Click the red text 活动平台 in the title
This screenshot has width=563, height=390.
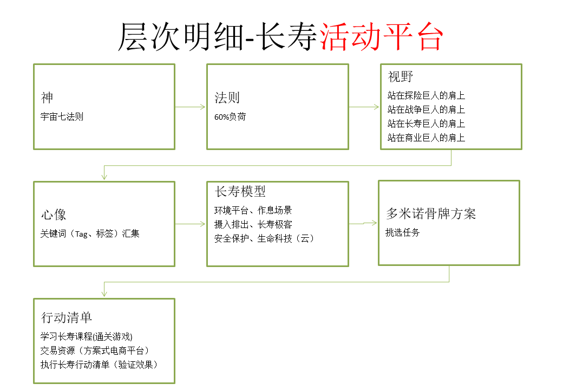(381, 37)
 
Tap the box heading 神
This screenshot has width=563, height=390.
(47, 97)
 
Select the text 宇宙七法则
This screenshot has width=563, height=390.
(62, 116)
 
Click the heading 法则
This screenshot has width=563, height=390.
(227, 97)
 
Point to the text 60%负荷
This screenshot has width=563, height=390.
(230, 116)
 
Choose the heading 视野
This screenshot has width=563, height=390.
(401, 76)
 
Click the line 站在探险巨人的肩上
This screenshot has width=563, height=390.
(426, 95)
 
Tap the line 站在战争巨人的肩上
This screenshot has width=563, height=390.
(426, 109)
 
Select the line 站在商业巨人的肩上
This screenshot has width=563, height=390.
(426, 138)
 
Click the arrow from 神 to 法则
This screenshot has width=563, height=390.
(191, 107)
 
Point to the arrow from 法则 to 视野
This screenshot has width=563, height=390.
(364, 107)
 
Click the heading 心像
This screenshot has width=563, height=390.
(54, 214)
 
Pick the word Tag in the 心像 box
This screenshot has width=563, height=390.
(82, 234)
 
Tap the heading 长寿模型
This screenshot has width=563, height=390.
(240, 191)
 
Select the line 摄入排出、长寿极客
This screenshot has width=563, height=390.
(253, 224)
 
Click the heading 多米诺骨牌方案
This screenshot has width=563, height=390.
(431, 213)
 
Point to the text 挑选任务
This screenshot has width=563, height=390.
(403, 233)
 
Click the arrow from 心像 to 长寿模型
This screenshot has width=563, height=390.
(191, 224)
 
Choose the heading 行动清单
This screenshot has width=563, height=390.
(67, 317)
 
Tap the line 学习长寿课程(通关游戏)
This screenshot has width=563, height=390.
(86, 336)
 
